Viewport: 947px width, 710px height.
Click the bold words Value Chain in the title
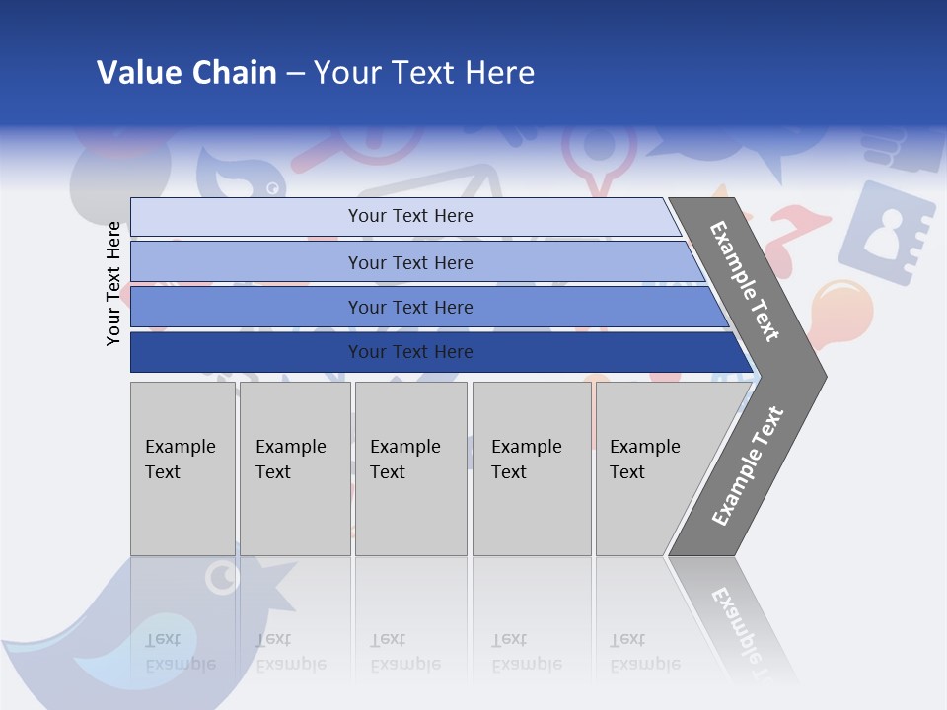pyautogui.click(x=186, y=73)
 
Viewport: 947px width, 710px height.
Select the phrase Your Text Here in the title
pyautogui.click(x=424, y=73)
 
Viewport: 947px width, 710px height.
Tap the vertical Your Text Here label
pyautogui.click(x=114, y=283)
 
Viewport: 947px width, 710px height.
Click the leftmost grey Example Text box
pyautogui.click(x=182, y=468)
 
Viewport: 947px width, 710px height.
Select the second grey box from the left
pyautogui.click(x=294, y=468)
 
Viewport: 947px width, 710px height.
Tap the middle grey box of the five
pyautogui.click(x=410, y=468)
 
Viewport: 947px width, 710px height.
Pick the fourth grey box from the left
pyautogui.click(x=531, y=468)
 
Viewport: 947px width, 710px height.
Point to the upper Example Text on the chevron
pyautogui.click(x=745, y=281)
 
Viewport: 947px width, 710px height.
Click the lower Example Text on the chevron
pyautogui.click(x=748, y=465)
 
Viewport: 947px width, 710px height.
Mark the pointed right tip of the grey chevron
pyautogui.click(x=824, y=376)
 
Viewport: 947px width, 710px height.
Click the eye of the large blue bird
pyautogui.click(x=223, y=577)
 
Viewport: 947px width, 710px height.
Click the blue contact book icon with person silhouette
pyautogui.click(x=885, y=232)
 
